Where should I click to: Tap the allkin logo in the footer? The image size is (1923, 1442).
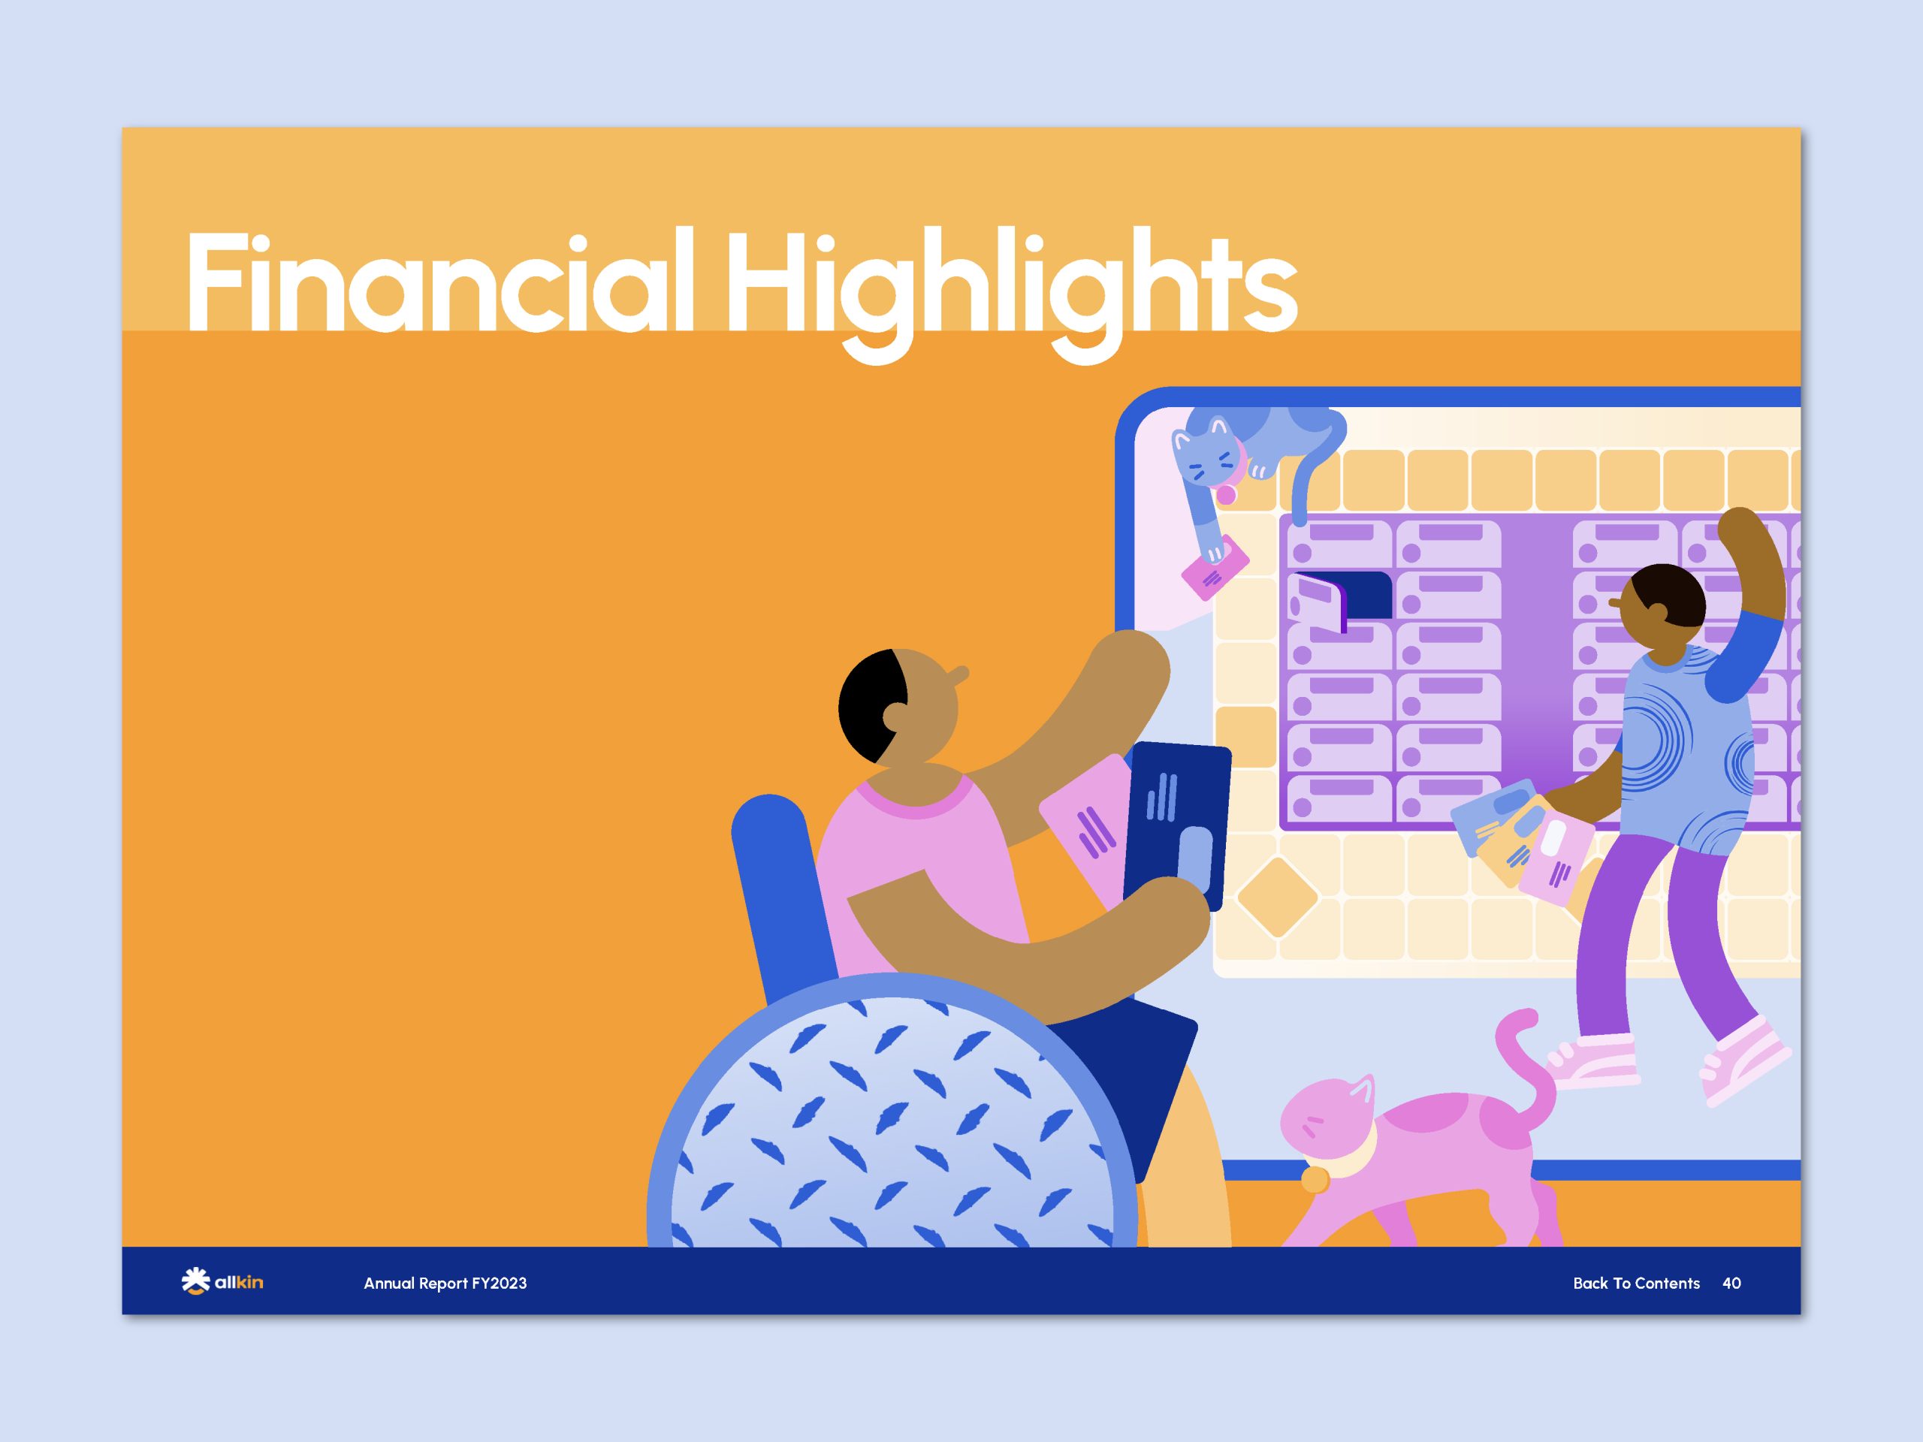click(222, 1282)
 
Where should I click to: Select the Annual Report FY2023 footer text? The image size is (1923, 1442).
click(445, 1283)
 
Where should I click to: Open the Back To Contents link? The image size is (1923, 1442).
click(1636, 1283)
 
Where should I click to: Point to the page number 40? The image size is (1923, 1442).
click(1731, 1283)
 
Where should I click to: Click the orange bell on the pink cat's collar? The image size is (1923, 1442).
click(1315, 1179)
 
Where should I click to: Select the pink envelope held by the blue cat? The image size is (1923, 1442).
click(1215, 567)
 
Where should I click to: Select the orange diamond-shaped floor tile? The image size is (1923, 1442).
click(1277, 897)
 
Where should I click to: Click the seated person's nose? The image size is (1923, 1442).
click(959, 674)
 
